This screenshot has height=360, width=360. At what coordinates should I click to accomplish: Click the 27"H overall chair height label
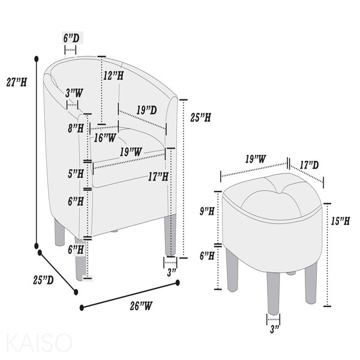(x=17, y=82)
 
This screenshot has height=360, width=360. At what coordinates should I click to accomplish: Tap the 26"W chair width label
(x=141, y=306)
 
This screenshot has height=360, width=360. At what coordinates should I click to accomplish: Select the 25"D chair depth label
(x=43, y=280)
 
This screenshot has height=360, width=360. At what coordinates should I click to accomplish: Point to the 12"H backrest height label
(x=113, y=76)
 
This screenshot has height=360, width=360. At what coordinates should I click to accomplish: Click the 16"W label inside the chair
(x=105, y=138)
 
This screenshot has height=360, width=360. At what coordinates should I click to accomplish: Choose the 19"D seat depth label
(x=147, y=110)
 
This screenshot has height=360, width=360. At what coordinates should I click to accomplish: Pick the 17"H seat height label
(x=158, y=176)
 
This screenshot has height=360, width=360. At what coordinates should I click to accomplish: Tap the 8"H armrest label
(x=76, y=128)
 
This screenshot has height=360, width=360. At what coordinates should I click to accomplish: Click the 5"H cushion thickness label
(x=76, y=173)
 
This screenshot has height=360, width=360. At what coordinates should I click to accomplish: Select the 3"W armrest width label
(x=74, y=93)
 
